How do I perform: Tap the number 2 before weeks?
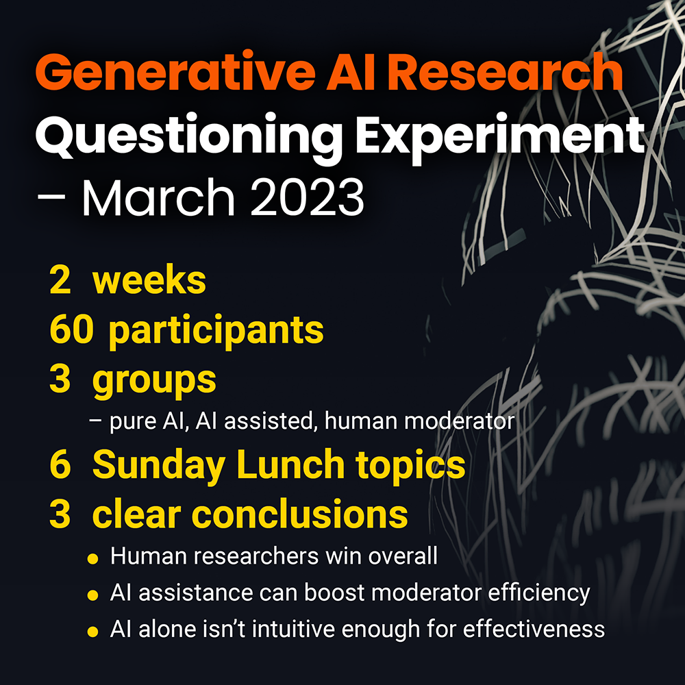pyautogui.click(x=59, y=282)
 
